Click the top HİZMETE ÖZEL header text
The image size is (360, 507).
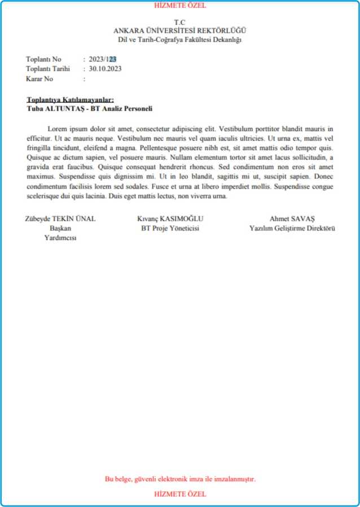[x=180, y=6]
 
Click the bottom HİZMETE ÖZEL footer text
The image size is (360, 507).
[x=180, y=494]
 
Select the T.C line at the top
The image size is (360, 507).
[x=180, y=22]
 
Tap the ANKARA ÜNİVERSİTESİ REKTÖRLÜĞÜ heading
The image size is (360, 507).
[x=180, y=30]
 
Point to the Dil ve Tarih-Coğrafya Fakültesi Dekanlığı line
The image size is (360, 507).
[x=180, y=40]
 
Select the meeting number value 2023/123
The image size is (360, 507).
[x=102, y=59]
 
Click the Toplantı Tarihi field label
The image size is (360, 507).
[x=47, y=69]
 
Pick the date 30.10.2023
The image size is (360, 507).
[x=105, y=69]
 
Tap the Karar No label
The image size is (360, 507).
[x=39, y=79]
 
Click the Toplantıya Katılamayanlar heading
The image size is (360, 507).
[x=70, y=100]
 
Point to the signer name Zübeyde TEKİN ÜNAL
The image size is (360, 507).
[x=60, y=219]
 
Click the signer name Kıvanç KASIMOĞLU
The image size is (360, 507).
[x=170, y=219]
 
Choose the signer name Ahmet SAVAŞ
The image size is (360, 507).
[x=292, y=219]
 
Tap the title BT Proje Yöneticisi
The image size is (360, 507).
[x=170, y=229]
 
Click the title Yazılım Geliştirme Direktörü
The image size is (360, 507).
[x=292, y=229]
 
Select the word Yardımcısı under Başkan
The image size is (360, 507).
[x=60, y=238]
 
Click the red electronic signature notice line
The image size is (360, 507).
[x=180, y=479]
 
